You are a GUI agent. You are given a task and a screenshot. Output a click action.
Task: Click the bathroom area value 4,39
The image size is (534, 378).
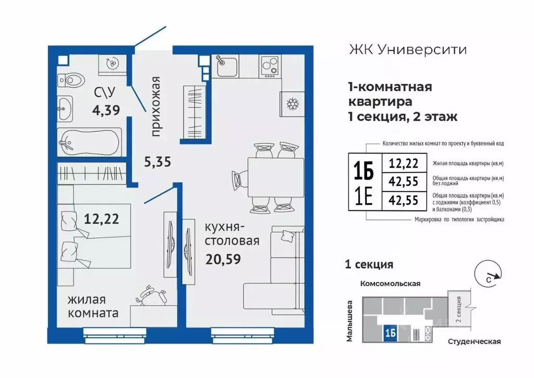(106, 110)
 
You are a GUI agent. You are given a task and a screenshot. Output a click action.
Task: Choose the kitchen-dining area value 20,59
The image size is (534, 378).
(223, 258)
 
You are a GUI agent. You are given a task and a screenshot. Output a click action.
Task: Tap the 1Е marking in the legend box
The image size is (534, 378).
(364, 199)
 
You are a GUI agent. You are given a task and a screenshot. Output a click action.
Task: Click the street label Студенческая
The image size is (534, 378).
(474, 341)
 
